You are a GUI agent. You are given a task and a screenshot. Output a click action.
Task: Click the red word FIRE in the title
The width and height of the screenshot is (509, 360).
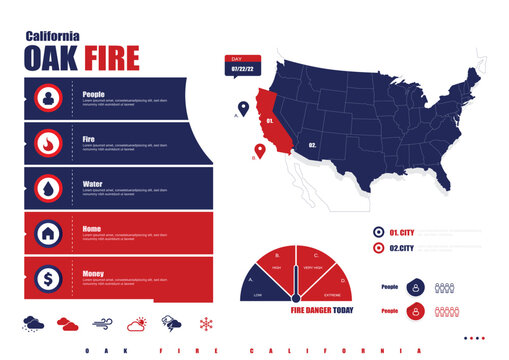pyautogui.click(x=111, y=58)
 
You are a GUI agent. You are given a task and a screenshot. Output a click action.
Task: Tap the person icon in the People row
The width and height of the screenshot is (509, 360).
pyautogui.click(x=48, y=98)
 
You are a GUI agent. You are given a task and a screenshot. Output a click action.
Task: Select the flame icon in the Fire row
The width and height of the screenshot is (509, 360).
pyautogui.click(x=48, y=143)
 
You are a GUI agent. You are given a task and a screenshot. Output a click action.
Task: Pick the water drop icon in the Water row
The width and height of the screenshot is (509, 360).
pyautogui.click(x=48, y=188)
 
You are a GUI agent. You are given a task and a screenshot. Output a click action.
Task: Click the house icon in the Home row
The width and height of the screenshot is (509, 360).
pyautogui.click(x=48, y=233)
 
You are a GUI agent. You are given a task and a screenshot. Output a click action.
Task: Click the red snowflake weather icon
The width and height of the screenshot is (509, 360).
pyautogui.click(x=207, y=324)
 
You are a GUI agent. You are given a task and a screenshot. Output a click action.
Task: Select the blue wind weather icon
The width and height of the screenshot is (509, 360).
pyautogui.click(x=103, y=324)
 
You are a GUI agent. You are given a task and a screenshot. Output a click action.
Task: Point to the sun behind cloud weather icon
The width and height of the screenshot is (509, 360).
pyautogui.click(x=137, y=324)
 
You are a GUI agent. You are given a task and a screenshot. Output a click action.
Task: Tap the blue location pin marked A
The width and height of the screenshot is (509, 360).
pyautogui.click(x=243, y=107)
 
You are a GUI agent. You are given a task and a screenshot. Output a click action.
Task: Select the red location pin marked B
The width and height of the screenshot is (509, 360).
pyautogui.click(x=260, y=151)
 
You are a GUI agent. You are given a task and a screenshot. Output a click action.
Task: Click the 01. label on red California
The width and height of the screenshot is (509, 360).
pyautogui.click(x=270, y=120)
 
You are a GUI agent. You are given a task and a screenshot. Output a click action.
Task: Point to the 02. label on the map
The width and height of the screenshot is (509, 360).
pyautogui.click(x=312, y=145)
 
